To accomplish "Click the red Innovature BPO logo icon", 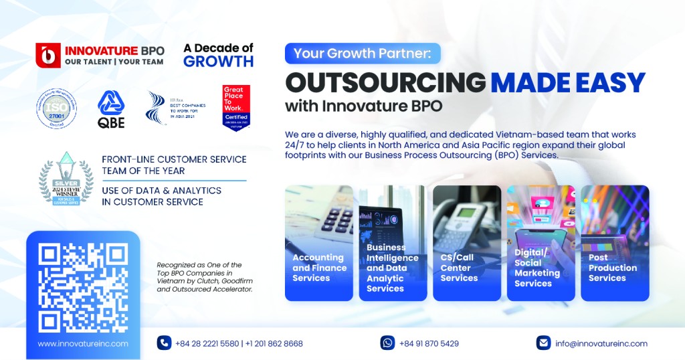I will point(48,55).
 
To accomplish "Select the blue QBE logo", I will point(111,108).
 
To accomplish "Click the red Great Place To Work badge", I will point(236,107).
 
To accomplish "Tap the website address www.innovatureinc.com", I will point(83,343).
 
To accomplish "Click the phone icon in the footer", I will point(164,343).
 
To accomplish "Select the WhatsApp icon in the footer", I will point(387,343).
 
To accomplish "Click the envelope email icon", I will point(543,343).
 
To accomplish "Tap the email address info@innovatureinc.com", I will point(601,343).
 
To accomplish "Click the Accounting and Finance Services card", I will point(318,243).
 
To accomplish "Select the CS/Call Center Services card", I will point(466,243).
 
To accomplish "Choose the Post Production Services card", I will point(615,243).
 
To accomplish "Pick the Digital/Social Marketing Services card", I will point(541,243).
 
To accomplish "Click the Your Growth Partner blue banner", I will point(363,53).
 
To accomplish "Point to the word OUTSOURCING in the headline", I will point(385,82).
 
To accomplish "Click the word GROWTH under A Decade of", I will point(218,62).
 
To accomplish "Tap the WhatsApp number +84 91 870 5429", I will point(429,343).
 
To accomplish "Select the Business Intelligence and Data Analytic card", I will point(393,243).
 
